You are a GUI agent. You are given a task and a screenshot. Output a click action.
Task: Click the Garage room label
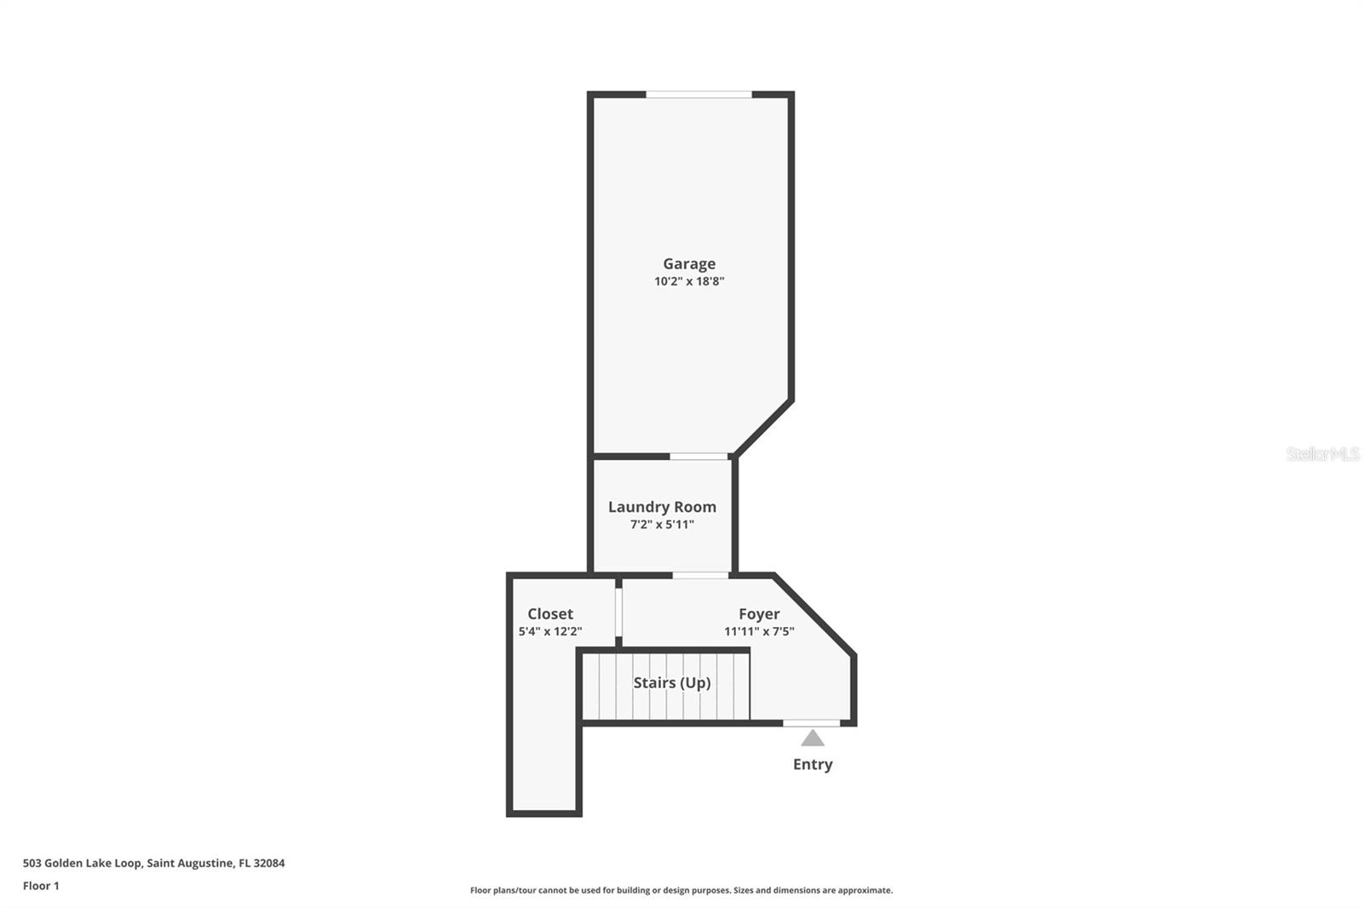click(689, 264)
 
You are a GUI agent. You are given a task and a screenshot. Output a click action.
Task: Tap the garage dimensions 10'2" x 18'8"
click(689, 281)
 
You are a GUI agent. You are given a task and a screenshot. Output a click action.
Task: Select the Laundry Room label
click(662, 507)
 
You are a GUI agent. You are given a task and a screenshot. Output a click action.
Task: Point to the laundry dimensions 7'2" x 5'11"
click(662, 525)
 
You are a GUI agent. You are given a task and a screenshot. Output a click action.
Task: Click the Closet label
click(550, 614)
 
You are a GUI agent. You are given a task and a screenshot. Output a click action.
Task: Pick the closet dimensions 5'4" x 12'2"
click(550, 632)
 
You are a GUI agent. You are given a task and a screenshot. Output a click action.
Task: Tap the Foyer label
click(759, 614)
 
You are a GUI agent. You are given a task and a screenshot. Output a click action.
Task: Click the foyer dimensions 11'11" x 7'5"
click(759, 632)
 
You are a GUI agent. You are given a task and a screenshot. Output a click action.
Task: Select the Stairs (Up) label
click(672, 683)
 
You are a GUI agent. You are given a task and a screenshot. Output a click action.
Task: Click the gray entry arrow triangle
click(813, 738)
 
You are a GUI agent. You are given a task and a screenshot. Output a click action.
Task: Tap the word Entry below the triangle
click(813, 764)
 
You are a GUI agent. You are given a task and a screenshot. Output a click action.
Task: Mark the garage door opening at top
click(699, 95)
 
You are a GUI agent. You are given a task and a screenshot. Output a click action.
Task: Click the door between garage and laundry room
click(699, 457)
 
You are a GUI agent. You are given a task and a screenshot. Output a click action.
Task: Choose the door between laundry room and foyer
click(700, 576)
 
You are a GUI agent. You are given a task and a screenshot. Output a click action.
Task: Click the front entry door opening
click(811, 723)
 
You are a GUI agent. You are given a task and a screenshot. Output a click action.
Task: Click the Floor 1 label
click(41, 886)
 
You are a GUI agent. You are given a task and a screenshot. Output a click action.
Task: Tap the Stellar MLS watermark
click(1322, 454)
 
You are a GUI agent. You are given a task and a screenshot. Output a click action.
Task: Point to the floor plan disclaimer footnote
click(681, 890)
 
